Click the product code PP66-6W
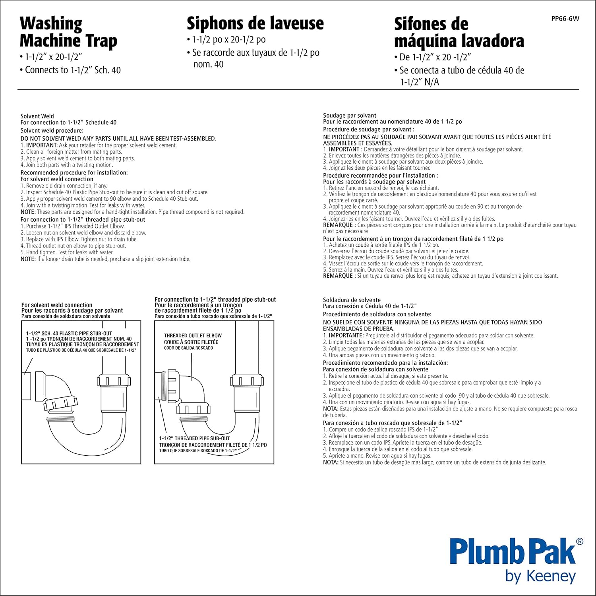click(x=565, y=19)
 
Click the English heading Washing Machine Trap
click(x=68, y=32)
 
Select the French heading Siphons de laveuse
click(x=255, y=23)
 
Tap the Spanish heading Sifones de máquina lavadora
click(x=459, y=33)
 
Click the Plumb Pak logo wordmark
click(x=513, y=551)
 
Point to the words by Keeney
click(x=540, y=577)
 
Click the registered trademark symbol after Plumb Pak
click(x=580, y=541)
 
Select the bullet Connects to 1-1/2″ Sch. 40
click(x=72, y=70)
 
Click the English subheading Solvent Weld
click(x=37, y=116)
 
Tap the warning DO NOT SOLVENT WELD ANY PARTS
click(x=118, y=139)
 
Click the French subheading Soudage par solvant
click(x=350, y=115)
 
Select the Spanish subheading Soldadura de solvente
click(x=352, y=300)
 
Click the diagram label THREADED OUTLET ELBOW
click(x=193, y=336)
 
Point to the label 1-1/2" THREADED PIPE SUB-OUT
click(x=195, y=438)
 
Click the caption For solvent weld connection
click(x=57, y=305)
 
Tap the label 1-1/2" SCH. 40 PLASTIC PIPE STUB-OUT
click(x=69, y=333)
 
